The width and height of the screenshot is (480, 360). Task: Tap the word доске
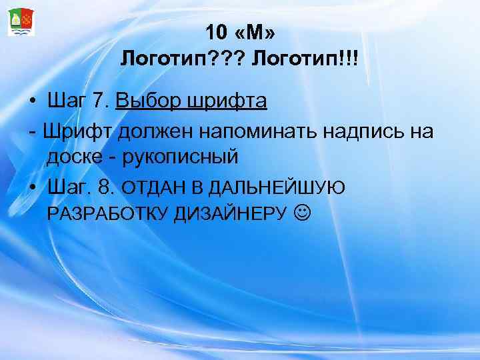(71, 158)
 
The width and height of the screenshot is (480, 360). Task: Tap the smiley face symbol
(302, 213)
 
